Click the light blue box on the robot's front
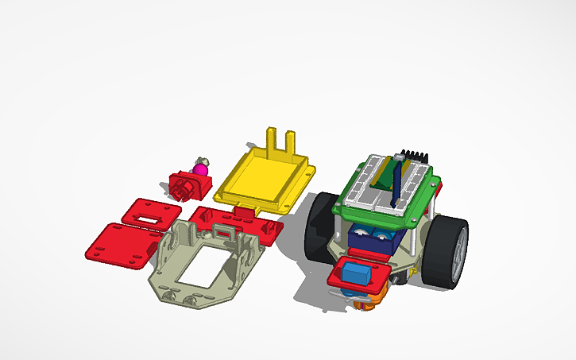point(355,273)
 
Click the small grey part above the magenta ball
point(203,160)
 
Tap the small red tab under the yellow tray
point(247,211)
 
